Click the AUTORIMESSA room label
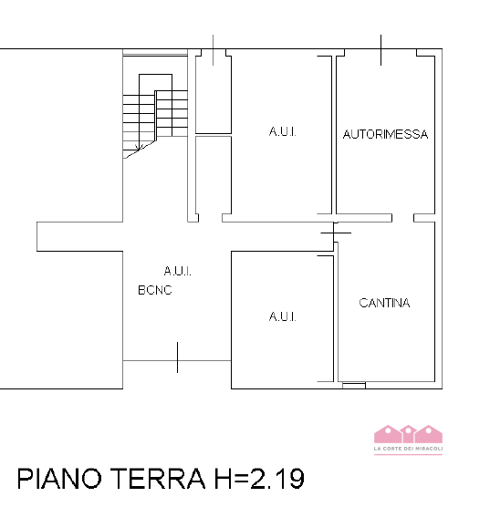tap(385, 134)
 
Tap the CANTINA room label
tap(384, 303)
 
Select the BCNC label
tap(155, 290)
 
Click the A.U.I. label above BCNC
tap(178, 271)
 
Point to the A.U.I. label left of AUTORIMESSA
tap(282, 131)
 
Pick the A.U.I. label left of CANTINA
tap(282, 316)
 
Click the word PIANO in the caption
tap(59, 479)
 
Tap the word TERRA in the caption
tap(158, 479)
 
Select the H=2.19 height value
tap(259, 479)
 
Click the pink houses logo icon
tap(408, 434)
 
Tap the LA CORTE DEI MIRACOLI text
tap(408, 449)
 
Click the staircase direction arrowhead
tap(140, 147)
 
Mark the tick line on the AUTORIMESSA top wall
tap(381, 50)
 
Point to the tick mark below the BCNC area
tap(177, 357)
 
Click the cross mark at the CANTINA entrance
tap(336, 233)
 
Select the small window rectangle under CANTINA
tap(354, 386)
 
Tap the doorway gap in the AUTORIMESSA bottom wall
tap(402, 218)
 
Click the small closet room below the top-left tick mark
tap(214, 95)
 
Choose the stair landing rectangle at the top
tap(155, 82)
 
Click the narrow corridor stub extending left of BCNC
tap(79, 236)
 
